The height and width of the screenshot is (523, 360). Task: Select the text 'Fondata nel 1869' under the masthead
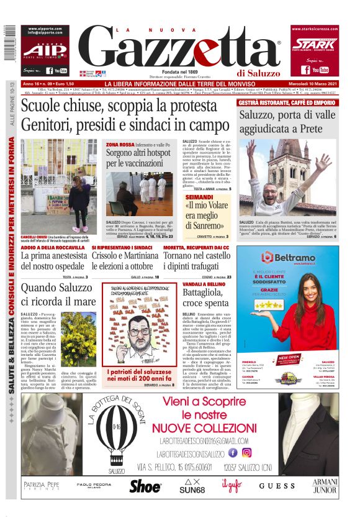click(181, 72)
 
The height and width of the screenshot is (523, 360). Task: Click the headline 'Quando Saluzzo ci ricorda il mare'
click(59, 294)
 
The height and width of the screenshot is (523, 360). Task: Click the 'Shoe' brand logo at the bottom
click(145, 486)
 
